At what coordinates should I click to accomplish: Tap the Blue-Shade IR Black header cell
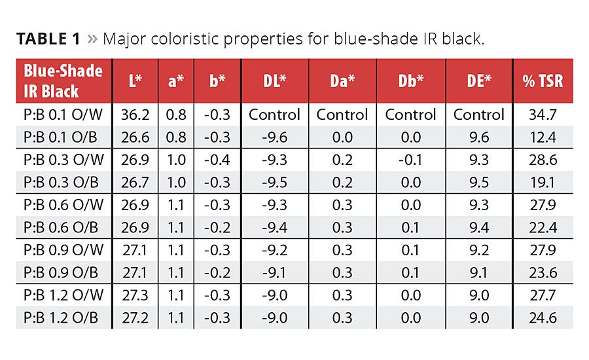click(x=63, y=81)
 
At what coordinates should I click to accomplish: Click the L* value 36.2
click(x=135, y=115)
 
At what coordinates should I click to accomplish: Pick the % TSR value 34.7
click(x=543, y=115)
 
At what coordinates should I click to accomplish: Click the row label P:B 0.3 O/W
click(x=63, y=160)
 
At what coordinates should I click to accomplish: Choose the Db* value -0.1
click(x=410, y=160)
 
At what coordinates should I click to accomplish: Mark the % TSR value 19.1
click(x=543, y=182)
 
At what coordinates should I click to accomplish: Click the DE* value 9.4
click(x=479, y=227)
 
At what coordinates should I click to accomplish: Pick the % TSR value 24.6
click(x=543, y=317)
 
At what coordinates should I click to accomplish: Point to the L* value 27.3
click(x=135, y=295)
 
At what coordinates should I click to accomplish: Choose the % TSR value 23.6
click(x=543, y=272)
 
